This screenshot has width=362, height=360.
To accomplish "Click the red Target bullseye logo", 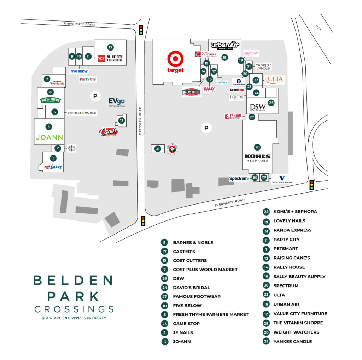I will pyautogui.click(x=175, y=58).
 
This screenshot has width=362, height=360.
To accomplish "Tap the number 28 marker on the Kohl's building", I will pyautogui.click(x=257, y=147).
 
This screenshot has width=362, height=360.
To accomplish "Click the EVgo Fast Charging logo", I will pyautogui.click(x=117, y=102).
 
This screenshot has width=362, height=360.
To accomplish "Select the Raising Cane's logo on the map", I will pyautogui.click(x=108, y=132).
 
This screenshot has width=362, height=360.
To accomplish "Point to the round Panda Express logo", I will pyautogui.click(x=172, y=149).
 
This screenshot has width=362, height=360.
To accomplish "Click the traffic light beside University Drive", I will pyautogui.click(x=141, y=30).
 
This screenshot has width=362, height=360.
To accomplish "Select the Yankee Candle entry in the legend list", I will pyautogui.click(x=292, y=341).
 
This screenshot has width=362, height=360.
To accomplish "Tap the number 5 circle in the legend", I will pyautogui.click(x=164, y=242).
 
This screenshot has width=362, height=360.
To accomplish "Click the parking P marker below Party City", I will pyautogui.click(x=94, y=96).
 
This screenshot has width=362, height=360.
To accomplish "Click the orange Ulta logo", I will pyautogui.click(x=275, y=80).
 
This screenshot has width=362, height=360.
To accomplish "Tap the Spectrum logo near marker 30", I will pyautogui.click(x=239, y=178).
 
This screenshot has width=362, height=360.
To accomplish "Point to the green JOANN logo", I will pyautogui.click(x=49, y=137).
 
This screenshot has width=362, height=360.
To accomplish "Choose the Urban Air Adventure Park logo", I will pyautogui.click(x=225, y=46).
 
